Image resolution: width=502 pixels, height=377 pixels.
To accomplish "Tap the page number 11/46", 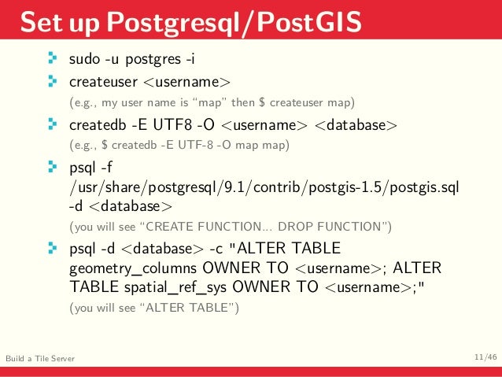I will coord(485,358).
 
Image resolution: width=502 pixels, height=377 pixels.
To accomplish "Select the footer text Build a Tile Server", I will coord(40,359).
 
